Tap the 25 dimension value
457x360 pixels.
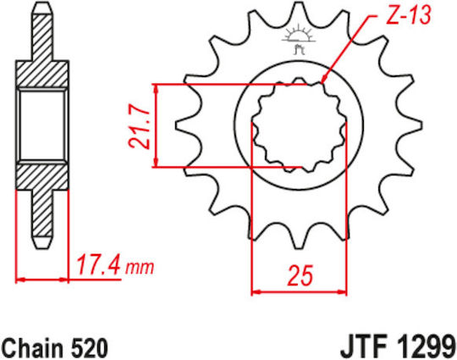point(300,275)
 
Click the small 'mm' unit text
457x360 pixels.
point(140,267)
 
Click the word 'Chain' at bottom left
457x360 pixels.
point(33,348)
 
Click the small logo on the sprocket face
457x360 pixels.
point(298,39)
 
